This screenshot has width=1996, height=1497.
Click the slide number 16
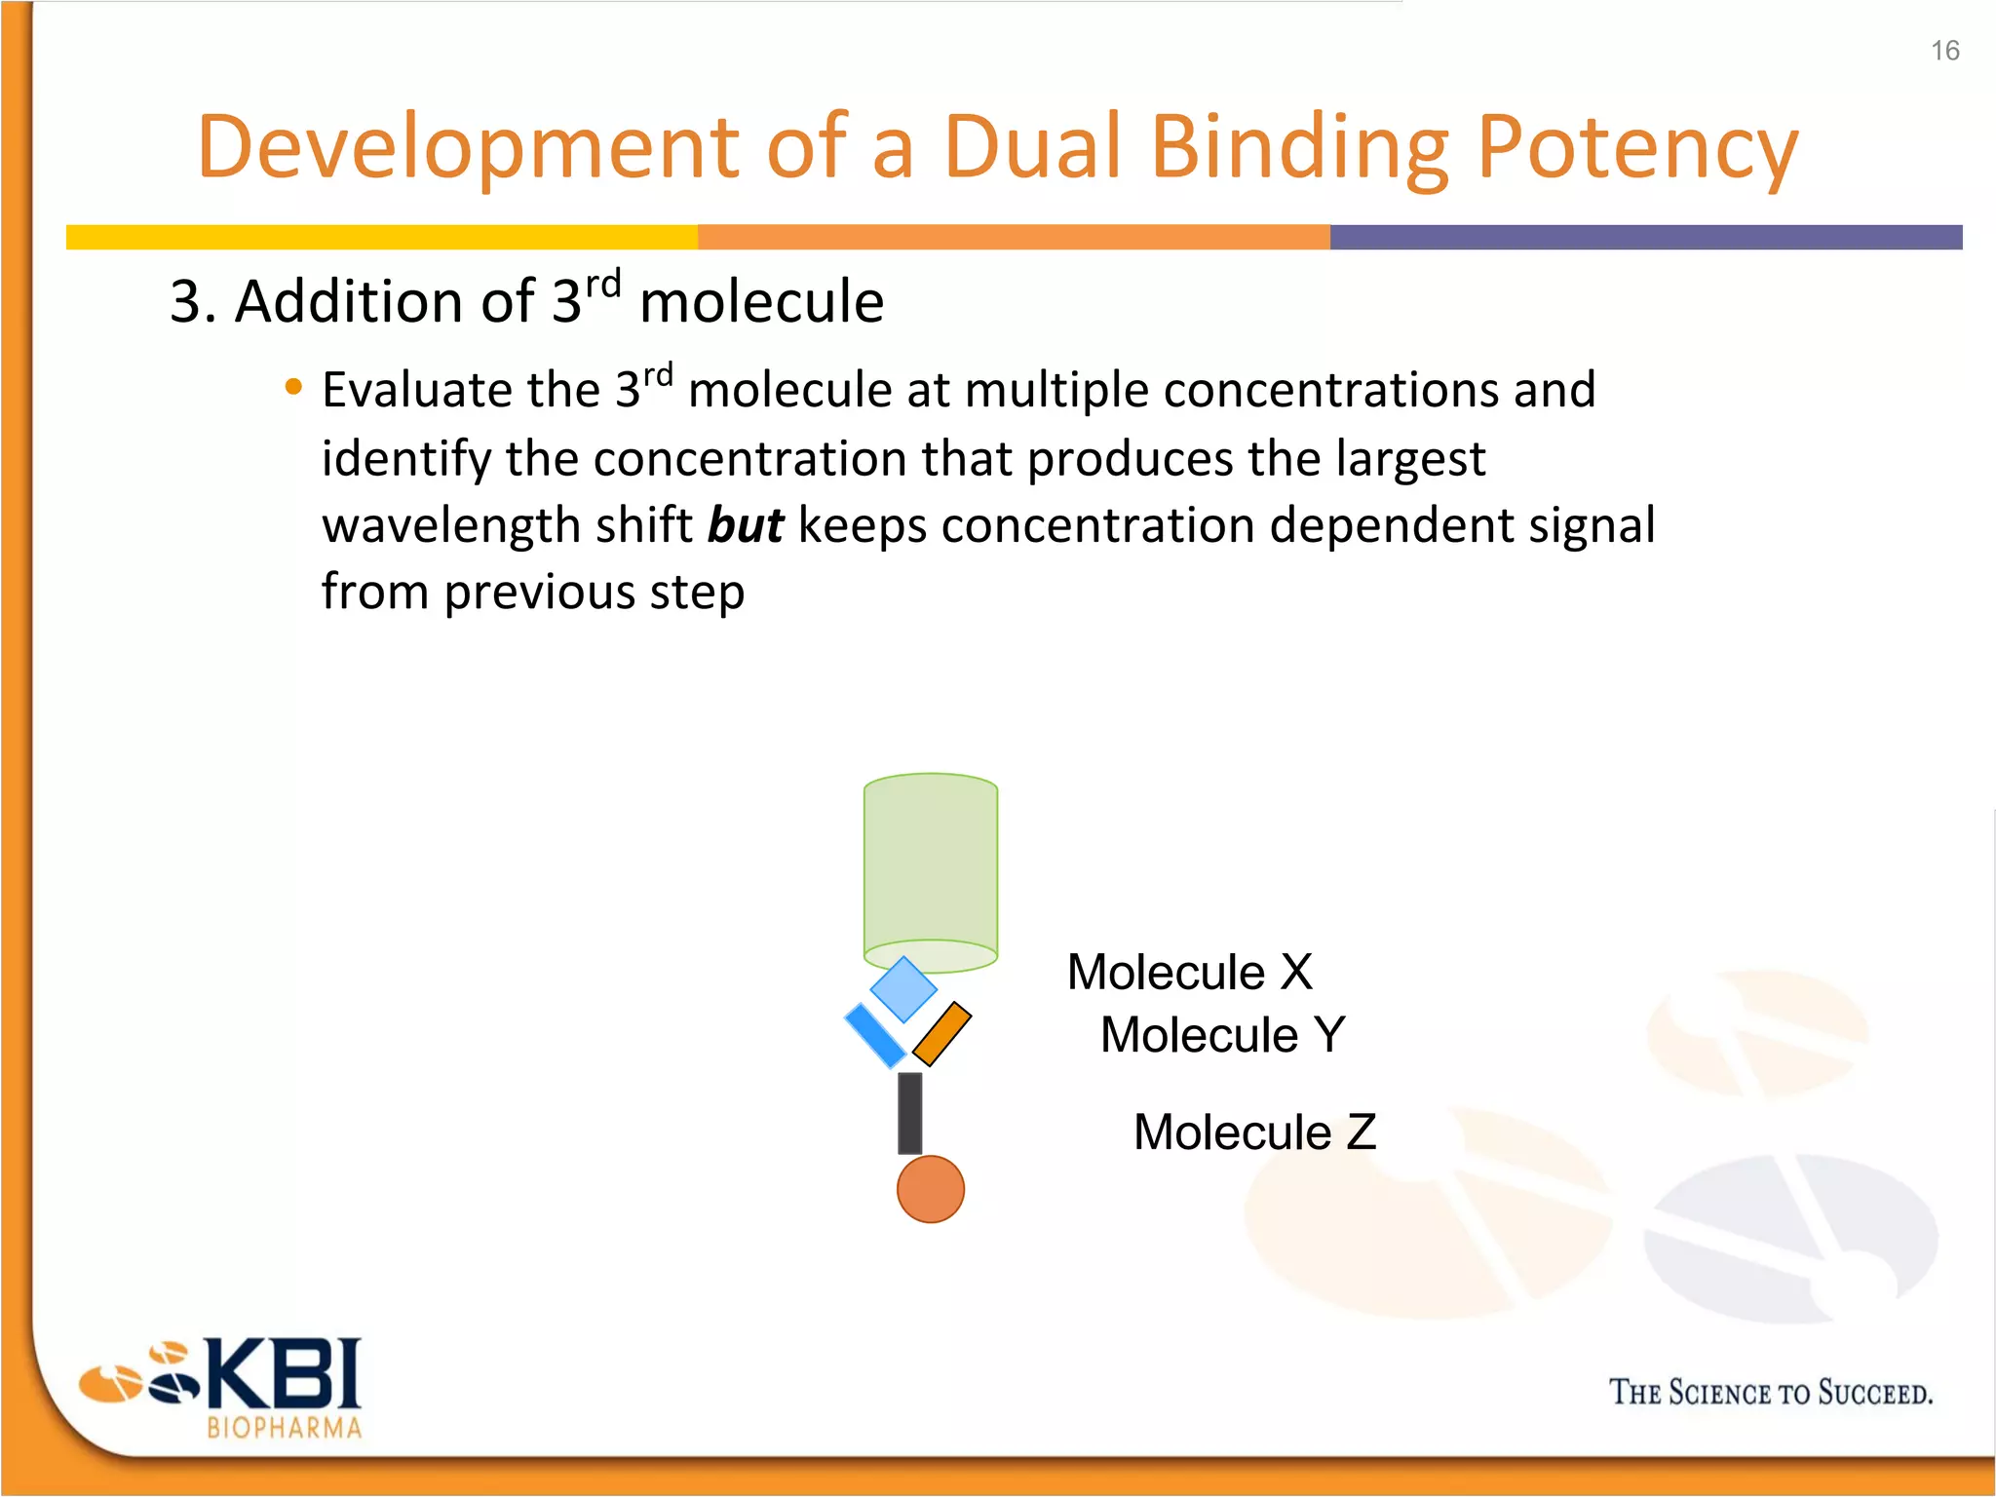tap(1944, 51)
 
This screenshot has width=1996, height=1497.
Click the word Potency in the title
tap(1636, 148)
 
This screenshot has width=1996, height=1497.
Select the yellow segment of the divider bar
tap(380, 237)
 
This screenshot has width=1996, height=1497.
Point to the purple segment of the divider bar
tap(1645, 237)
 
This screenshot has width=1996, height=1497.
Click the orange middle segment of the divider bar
tap(1014, 237)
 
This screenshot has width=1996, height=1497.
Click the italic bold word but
tap(746, 526)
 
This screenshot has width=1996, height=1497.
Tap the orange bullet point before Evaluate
tap(293, 388)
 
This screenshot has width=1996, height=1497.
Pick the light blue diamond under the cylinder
tap(903, 989)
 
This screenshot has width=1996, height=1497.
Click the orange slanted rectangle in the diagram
tap(941, 1034)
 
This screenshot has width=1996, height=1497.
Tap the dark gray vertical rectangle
tap(910, 1113)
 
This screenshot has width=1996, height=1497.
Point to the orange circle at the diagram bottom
tap(930, 1189)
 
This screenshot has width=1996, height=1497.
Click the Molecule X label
tap(1189, 973)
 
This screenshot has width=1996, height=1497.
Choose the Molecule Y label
tap(1222, 1035)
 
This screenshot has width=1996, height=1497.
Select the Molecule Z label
tap(1254, 1132)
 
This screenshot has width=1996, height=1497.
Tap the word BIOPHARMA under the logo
tap(284, 1429)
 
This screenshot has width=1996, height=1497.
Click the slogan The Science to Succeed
tap(1770, 1393)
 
